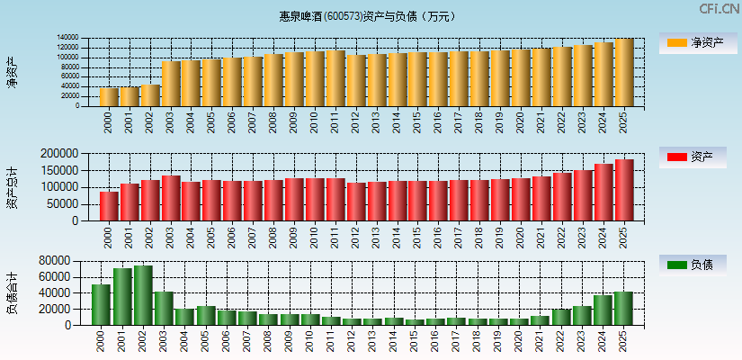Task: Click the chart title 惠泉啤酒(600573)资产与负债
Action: pyautogui.click(x=368, y=16)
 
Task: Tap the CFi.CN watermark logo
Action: pyautogui.click(x=719, y=9)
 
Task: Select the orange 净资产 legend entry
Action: pyautogui.click(x=698, y=42)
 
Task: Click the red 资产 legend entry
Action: pyautogui.click(x=698, y=157)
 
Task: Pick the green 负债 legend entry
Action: pyautogui.click(x=698, y=265)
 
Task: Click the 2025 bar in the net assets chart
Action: pyautogui.click(x=623, y=73)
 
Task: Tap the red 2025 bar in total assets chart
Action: pyautogui.click(x=623, y=190)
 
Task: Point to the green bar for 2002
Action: pyautogui.click(x=142, y=295)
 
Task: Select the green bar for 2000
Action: pyautogui.click(x=101, y=304)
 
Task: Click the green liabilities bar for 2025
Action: pyautogui.click(x=623, y=309)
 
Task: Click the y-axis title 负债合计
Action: pyautogui.click(x=12, y=292)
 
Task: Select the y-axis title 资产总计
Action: pyautogui.click(x=12, y=188)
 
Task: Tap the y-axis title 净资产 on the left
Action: pyautogui.click(x=12, y=72)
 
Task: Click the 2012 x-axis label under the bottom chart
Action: pyautogui.click(x=354, y=338)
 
